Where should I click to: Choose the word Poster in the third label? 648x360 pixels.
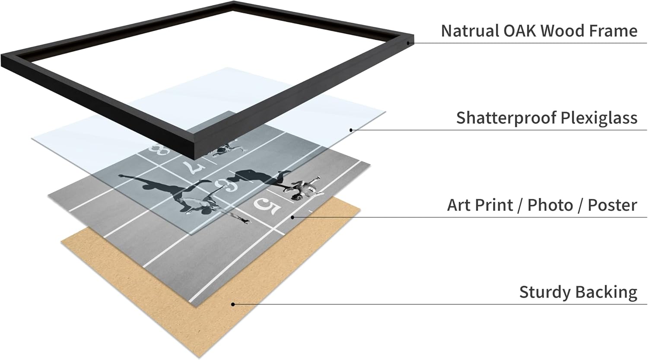[612, 205]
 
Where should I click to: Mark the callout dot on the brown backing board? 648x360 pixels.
[233, 304]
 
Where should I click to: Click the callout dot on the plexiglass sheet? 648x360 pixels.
[351, 130]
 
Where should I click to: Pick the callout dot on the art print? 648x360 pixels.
[292, 217]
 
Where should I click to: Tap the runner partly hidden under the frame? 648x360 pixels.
[222, 150]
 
